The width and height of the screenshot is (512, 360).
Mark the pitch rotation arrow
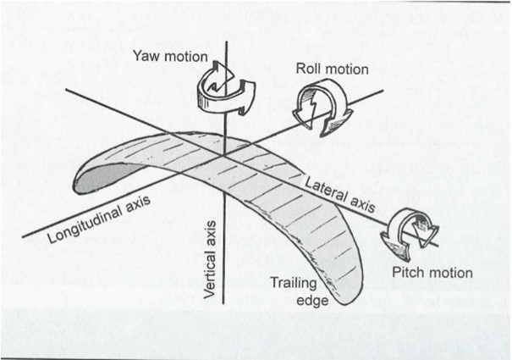(408, 233)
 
